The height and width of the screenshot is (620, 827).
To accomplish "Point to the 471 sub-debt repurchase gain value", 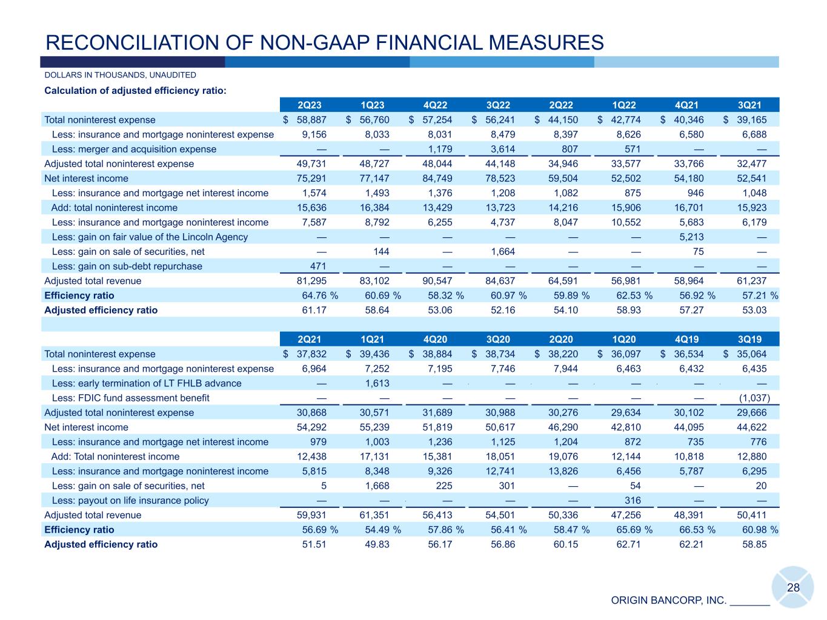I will click(317, 266).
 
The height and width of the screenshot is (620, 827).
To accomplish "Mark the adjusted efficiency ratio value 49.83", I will click(376, 544).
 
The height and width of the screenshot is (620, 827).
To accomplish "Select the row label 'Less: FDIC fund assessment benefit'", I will click(131, 398).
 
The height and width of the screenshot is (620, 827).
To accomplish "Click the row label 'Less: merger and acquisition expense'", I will click(134, 149).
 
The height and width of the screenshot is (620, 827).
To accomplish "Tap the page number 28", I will click(793, 587).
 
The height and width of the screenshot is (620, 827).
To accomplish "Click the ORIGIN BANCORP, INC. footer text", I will click(668, 601).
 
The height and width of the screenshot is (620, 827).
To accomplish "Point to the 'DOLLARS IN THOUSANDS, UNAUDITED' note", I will click(120, 75).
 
